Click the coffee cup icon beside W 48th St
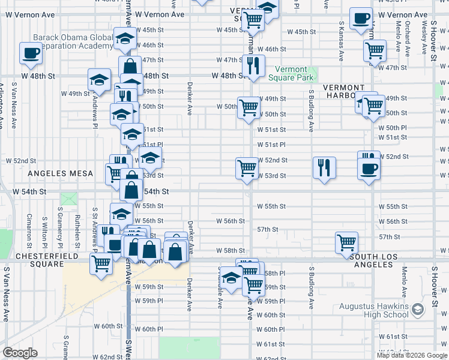31,53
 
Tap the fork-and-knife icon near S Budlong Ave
324,167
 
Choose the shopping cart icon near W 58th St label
346,242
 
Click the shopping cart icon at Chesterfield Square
101,263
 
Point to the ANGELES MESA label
60,173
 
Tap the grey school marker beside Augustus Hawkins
418,309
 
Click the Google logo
20,353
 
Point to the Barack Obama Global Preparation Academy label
73,41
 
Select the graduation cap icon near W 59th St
231,277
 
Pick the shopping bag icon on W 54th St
131,190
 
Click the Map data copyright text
412,355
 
